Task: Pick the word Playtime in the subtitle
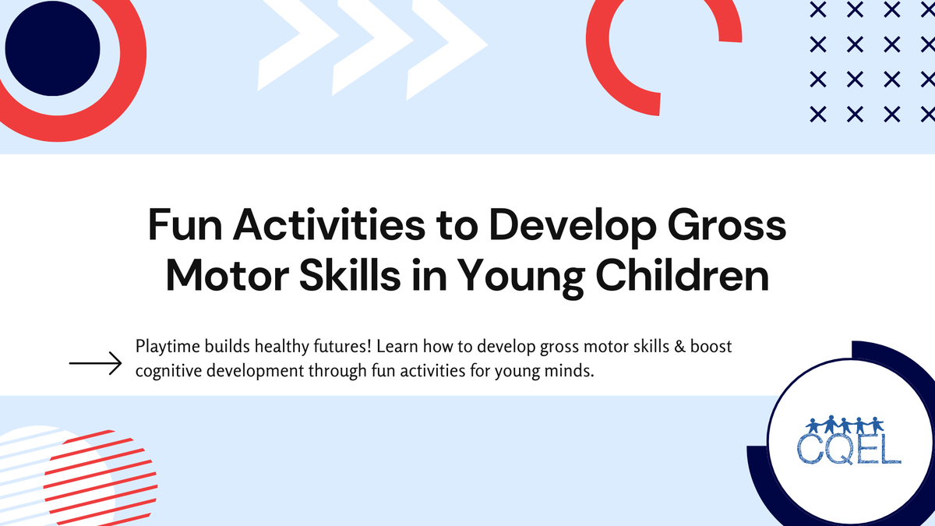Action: click(x=166, y=346)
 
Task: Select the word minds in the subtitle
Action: click(x=573, y=371)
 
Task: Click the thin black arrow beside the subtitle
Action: click(x=95, y=363)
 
